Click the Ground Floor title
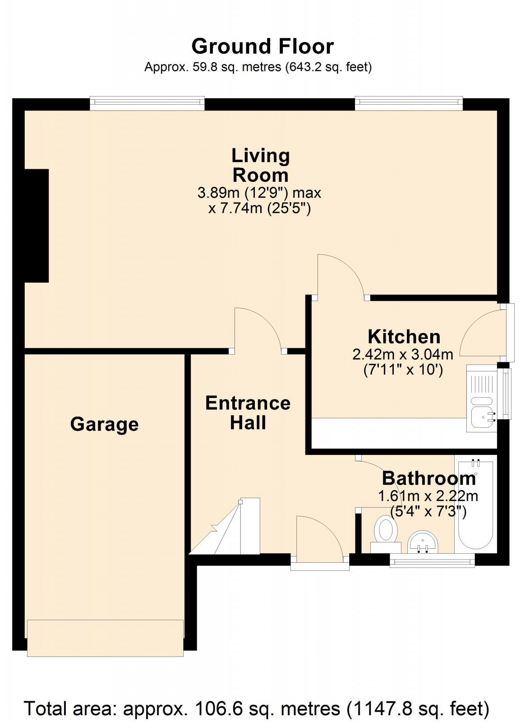point(262,46)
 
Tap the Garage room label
point(104,424)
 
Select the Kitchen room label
point(404,337)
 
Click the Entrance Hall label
point(248,412)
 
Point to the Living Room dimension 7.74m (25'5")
point(260,209)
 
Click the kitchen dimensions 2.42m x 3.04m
point(403,354)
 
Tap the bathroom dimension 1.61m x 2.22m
point(428,496)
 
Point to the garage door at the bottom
point(105,637)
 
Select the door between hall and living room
point(257,329)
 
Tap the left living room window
point(147,104)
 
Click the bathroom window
point(432,561)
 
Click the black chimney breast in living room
point(37,226)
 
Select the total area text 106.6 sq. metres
point(256,708)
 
